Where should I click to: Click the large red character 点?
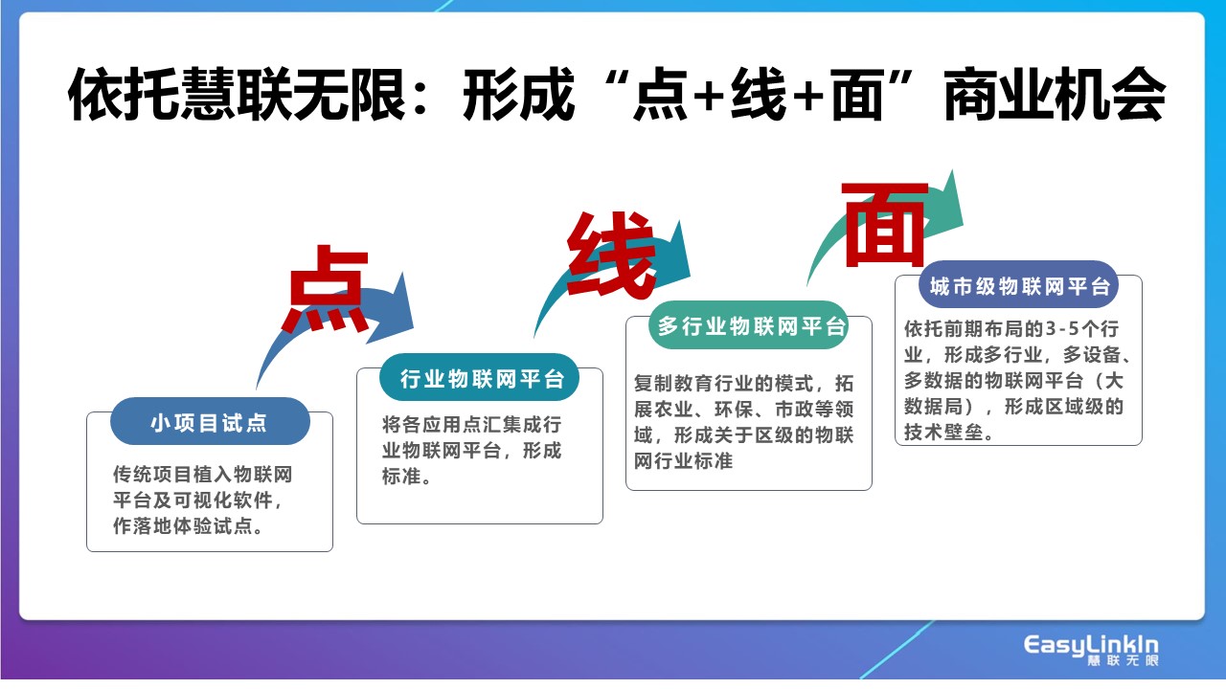[328, 289]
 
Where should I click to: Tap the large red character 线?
[612, 255]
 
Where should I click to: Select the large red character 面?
[885, 224]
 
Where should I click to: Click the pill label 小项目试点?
[210, 422]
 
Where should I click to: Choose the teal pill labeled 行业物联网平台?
[480, 377]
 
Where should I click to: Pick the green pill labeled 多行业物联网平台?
[749, 325]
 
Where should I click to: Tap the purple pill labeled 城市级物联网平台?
[1018, 285]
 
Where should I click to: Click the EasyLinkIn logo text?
[1091, 646]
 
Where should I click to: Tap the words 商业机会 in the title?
[1055, 94]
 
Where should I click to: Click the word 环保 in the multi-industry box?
[734, 410]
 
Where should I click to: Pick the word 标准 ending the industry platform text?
[401, 477]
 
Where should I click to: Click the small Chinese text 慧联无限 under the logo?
[1123, 660]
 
